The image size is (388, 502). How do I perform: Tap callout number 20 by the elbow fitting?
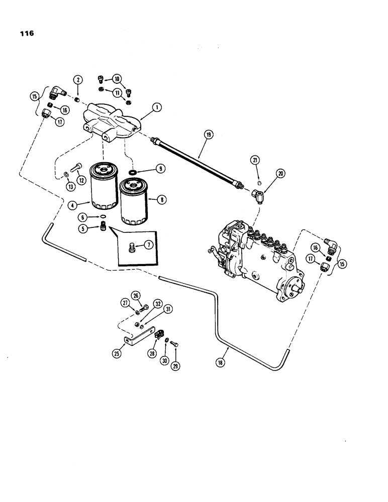[280, 173]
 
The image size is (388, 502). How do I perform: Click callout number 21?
[256, 160]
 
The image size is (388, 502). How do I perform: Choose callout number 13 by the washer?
[69, 187]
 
